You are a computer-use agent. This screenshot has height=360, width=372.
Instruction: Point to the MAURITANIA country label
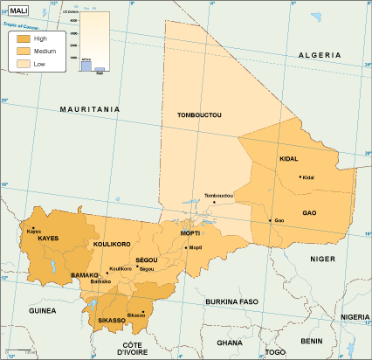89,109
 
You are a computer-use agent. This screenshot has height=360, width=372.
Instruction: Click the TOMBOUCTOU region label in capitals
199,115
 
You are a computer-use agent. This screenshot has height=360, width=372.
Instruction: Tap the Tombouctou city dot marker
214,202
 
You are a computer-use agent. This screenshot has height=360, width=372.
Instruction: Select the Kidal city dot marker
300,177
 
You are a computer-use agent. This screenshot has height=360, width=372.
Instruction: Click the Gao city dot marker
271,220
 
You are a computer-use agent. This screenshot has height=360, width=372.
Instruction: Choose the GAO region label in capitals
309,212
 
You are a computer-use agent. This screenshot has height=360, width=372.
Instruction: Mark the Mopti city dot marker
185,247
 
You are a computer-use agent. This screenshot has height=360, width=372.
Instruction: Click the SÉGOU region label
146,260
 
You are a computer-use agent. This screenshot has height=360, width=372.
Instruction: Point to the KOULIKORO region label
111,244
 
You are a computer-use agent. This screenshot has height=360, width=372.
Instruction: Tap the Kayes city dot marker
31,229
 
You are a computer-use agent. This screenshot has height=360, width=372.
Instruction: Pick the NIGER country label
322,259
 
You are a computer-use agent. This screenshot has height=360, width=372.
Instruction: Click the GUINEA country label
41,309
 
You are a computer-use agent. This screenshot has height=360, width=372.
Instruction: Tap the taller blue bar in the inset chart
86,65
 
